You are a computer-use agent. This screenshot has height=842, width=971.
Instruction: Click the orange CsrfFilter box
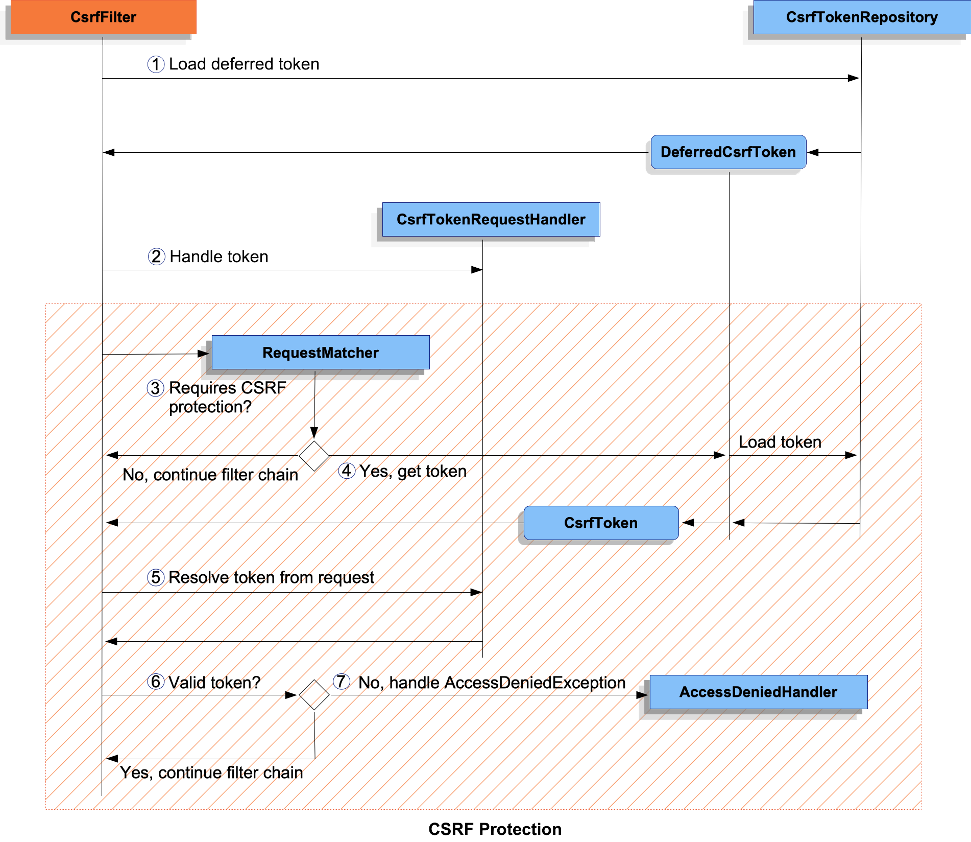tap(103, 17)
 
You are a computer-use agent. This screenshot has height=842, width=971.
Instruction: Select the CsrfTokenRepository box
tap(861, 17)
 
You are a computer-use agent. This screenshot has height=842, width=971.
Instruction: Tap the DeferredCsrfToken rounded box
tap(728, 152)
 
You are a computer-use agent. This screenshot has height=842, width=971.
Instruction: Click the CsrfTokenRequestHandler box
tap(491, 220)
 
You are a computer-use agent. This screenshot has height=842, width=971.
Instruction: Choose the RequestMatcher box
tap(320, 353)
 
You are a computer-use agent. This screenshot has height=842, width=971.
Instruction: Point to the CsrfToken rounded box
tap(600, 523)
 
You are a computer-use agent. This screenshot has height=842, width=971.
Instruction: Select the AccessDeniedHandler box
tap(758, 692)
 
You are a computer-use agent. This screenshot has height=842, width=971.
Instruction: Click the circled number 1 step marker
tap(156, 64)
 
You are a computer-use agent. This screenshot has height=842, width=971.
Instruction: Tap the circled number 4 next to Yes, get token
tap(347, 471)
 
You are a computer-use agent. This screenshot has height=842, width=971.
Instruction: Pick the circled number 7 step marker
tap(341, 682)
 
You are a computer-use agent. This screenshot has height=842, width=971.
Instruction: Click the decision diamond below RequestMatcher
tap(314, 456)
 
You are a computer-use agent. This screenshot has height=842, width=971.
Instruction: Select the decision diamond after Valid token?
tap(314, 695)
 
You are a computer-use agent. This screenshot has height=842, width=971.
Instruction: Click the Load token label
tap(780, 442)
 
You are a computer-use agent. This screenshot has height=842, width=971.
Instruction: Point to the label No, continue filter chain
tap(210, 475)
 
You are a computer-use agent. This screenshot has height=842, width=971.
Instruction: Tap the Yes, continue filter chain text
tap(211, 773)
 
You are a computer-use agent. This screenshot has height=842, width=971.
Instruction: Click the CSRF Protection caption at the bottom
tap(494, 829)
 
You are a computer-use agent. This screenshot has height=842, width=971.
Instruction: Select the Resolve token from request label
tap(271, 577)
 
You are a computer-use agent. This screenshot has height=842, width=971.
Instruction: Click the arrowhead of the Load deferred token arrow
tap(854, 78)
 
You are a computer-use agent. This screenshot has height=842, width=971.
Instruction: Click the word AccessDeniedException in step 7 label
tap(535, 683)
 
